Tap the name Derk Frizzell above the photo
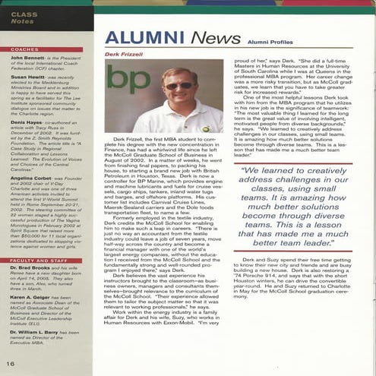tap(125, 55)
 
